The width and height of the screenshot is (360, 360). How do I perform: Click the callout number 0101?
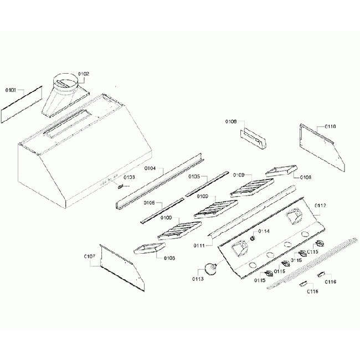click(x=11, y=89)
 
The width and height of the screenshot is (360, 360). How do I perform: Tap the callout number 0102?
click(x=83, y=74)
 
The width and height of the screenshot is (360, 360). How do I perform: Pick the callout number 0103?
click(x=129, y=177)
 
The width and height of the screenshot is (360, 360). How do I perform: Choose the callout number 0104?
click(x=150, y=168)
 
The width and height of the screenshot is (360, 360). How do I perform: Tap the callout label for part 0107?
click(x=89, y=256)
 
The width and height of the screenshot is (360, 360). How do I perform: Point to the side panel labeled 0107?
click(x=122, y=269)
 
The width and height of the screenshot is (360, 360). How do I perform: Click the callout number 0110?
click(x=330, y=127)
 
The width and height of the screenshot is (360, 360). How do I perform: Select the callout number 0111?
click(x=200, y=245)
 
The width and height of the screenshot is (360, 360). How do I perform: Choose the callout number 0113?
click(x=198, y=279)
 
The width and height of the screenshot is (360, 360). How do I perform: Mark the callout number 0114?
click(x=264, y=231)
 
